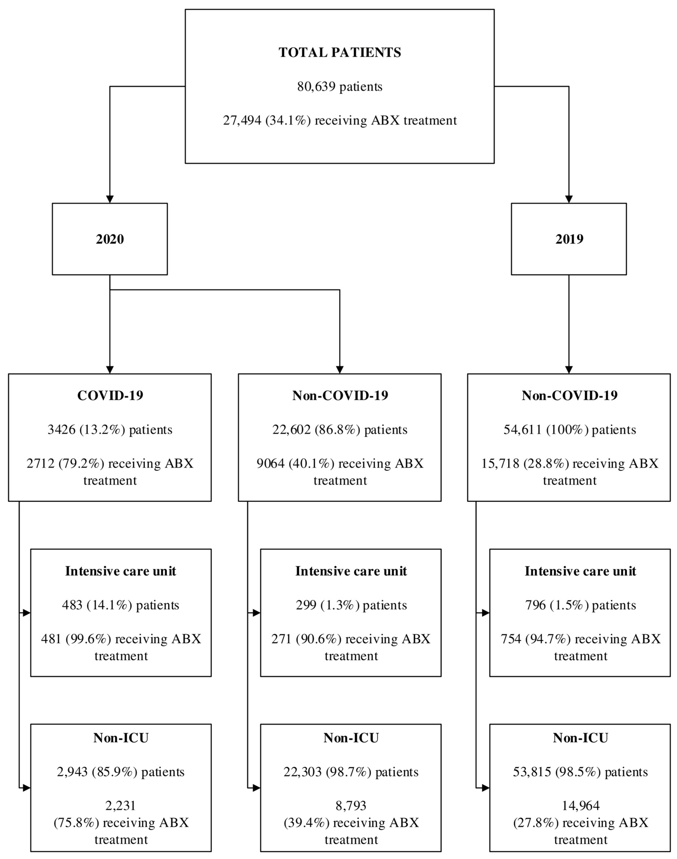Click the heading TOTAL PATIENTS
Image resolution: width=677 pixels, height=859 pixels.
click(340, 52)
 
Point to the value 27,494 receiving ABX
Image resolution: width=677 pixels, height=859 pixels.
click(242, 120)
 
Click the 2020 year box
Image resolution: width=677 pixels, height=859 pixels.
click(110, 239)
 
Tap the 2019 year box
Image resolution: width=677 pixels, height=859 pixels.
click(569, 239)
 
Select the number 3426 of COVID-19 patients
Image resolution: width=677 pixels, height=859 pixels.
click(61, 430)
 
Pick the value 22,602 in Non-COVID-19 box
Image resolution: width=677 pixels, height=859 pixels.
click(291, 430)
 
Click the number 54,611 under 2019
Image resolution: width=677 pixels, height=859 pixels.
click(522, 430)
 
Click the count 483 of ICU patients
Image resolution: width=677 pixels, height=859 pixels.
click(72, 605)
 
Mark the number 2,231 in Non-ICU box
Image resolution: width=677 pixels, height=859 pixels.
click(121, 806)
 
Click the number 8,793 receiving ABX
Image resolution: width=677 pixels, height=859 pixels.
click(351, 806)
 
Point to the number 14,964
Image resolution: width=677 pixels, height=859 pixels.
click(581, 806)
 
